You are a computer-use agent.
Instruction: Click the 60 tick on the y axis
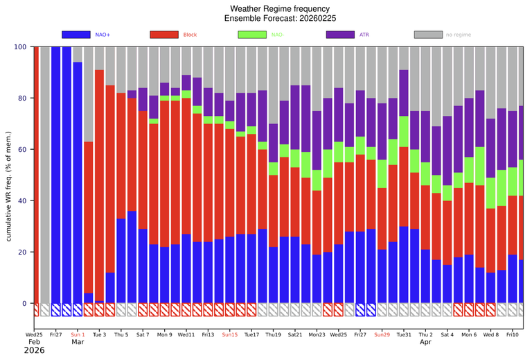point(22,149)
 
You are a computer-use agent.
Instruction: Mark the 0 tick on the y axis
point(24,303)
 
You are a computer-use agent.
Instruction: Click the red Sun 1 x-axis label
point(78,334)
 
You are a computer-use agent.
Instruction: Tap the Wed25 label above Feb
point(35,334)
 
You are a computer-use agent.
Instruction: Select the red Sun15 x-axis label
point(230,334)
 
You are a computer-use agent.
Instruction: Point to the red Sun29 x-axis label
point(382,334)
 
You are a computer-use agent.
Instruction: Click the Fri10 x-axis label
point(513,334)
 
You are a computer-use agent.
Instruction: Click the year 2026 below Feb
point(33,351)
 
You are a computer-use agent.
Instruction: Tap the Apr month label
point(425,342)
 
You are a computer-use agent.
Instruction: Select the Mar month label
point(78,342)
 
